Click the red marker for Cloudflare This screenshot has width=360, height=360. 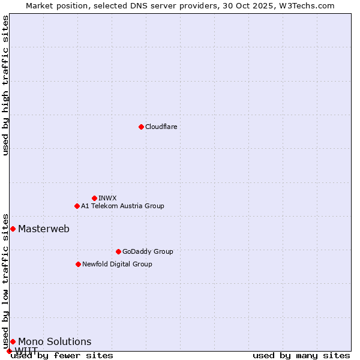(141, 127)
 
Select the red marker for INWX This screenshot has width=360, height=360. (94, 198)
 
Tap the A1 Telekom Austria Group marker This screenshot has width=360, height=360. (77, 206)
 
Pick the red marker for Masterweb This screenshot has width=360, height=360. (13, 229)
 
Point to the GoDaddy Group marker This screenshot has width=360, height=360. (118, 251)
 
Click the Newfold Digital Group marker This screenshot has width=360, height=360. (78, 264)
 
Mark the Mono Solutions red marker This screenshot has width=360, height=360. (13, 341)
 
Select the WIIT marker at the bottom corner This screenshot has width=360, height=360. (9, 351)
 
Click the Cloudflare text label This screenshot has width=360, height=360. (161, 127)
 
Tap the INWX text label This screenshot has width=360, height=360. (107, 198)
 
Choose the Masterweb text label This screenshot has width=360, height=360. (44, 229)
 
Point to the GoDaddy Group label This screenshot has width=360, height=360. (148, 251)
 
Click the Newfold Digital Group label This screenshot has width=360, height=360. (117, 264)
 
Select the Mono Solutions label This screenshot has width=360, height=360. (55, 341)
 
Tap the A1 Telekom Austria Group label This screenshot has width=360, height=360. (122, 206)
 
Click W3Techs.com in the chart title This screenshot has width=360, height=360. (307, 5)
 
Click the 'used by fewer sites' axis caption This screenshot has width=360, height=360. (62, 355)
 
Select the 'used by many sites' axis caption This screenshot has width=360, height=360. (301, 355)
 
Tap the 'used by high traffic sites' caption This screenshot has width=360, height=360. (5, 85)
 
